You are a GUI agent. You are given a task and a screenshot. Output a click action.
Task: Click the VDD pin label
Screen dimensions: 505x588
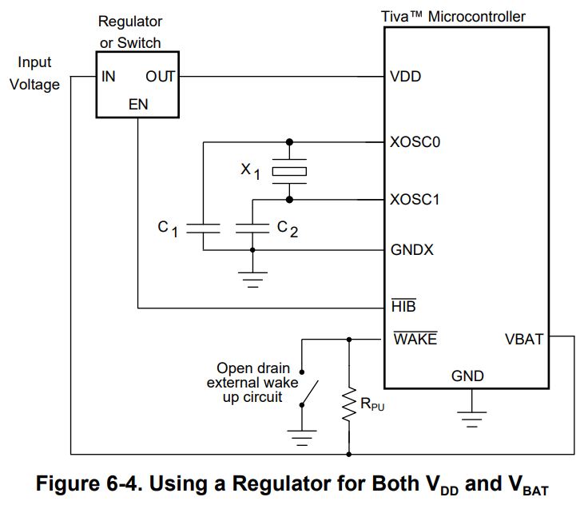click(x=406, y=78)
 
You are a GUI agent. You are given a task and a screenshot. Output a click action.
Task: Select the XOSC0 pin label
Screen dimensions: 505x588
click(x=416, y=142)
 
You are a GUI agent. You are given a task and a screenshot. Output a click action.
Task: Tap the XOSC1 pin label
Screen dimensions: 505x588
click(x=415, y=200)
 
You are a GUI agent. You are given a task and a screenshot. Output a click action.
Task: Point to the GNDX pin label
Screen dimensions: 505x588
click(x=412, y=250)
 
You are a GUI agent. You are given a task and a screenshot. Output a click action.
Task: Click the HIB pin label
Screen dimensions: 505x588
click(x=403, y=306)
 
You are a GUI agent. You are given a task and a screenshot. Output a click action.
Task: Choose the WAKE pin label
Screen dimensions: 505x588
click(x=415, y=339)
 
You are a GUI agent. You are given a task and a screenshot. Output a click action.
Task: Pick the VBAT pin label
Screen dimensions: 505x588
click(x=524, y=339)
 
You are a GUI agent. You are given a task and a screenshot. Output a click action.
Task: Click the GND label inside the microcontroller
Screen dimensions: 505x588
click(x=467, y=376)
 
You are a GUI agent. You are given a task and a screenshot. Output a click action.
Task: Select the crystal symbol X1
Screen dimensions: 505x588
click(x=289, y=170)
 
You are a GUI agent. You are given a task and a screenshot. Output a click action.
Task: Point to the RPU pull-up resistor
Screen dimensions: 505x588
click(x=349, y=405)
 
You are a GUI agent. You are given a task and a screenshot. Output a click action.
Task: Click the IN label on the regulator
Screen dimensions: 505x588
click(x=108, y=77)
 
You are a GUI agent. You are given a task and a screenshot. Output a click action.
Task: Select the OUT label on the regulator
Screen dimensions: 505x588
click(x=160, y=77)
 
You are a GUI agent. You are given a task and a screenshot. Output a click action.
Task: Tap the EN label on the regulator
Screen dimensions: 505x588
click(x=137, y=105)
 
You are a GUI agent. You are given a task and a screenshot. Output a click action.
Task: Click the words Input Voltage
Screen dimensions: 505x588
click(x=35, y=73)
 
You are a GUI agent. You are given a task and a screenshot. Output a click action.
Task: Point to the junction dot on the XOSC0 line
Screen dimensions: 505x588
click(x=289, y=142)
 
